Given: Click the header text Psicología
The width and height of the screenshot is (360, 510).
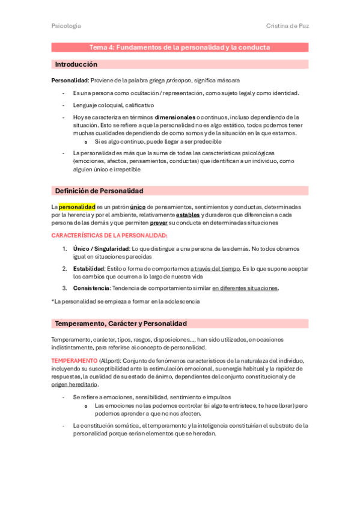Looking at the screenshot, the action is (x=66, y=26).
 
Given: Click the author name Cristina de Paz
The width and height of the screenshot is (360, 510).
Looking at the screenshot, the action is (x=287, y=26).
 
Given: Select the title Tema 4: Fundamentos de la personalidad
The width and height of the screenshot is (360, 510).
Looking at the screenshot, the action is (x=180, y=47).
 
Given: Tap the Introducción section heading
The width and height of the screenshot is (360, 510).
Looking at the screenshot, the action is (x=76, y=64).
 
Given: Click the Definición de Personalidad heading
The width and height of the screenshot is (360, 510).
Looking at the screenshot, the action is (x=99, y=191).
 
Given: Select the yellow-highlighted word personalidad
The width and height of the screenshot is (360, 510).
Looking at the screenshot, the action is (x=77, y=207).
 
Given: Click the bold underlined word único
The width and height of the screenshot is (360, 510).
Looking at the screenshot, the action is (x=138, y=207).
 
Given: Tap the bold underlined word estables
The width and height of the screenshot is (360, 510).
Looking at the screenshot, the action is (x=188, y=215).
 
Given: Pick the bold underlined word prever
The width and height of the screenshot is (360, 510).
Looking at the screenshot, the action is (x=159, y=223).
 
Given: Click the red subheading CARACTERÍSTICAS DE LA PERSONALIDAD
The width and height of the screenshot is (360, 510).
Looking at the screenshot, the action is (x=109, y=235).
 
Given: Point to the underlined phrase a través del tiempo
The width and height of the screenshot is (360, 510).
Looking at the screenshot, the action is (x=212, y=269).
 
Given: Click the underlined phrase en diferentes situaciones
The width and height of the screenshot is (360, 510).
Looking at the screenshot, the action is (x=245, y=289).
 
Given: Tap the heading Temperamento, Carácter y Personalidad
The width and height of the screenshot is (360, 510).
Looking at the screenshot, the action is (x=121, y=324).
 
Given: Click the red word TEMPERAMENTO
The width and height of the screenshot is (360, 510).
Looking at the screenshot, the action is (x=74, y=360).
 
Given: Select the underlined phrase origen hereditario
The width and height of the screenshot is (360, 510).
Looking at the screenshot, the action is (x=75, y=384).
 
